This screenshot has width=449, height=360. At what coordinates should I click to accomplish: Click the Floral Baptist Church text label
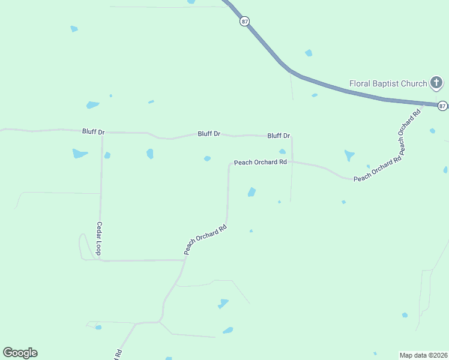[388, 83]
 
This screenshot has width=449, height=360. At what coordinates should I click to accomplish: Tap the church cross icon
[436, 83]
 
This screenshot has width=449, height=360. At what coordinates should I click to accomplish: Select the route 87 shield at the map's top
[244, 21]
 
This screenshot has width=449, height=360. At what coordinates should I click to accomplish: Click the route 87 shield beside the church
[442, 106]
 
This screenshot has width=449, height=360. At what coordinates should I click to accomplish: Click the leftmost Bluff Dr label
[93, 131]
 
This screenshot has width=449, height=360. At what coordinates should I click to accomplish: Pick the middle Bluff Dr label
[209, 134]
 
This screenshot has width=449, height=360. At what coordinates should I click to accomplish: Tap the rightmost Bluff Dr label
[279, 136]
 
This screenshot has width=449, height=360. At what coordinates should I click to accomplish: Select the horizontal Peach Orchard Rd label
[261, 162]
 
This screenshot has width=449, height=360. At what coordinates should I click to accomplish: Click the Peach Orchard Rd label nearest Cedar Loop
[205, 239]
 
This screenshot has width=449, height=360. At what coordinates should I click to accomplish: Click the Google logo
[20, 353]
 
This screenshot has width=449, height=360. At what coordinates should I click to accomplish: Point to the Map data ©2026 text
[423, 355]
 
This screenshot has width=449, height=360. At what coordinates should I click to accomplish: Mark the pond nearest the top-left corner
[74, 29]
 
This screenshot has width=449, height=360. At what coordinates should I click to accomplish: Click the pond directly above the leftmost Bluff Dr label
[92, 105]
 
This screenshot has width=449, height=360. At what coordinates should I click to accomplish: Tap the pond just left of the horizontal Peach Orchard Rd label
[207, 158]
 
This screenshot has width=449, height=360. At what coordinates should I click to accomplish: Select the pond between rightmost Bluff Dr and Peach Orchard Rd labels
[282, 151]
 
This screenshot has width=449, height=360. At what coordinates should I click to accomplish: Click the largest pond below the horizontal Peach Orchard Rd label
[252, 192]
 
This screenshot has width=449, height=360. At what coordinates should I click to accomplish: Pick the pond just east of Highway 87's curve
[309, 53]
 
